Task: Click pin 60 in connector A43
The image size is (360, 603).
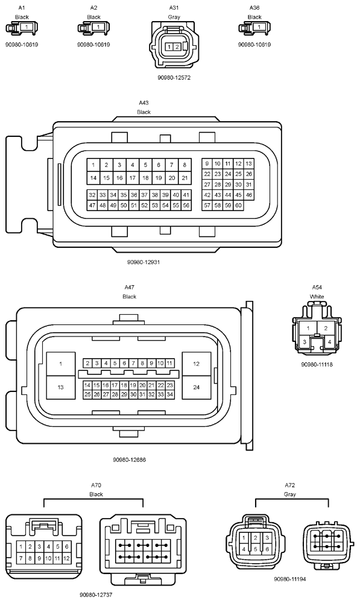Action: coord(238,206)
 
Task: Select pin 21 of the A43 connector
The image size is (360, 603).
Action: coord(185,178)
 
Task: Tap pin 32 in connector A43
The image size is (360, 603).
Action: coord(92,195)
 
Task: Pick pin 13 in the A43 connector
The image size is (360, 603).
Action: coord(249,163)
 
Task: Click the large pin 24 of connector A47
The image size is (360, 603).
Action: coord(196,387)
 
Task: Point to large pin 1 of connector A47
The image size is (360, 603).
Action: coord(60,364)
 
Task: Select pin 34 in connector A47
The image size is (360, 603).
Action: coord(169,394)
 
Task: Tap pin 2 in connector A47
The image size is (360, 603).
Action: coord(87,363)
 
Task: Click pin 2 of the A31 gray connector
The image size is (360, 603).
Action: coord(177,47)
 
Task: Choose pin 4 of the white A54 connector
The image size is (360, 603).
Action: coord(329,341)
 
